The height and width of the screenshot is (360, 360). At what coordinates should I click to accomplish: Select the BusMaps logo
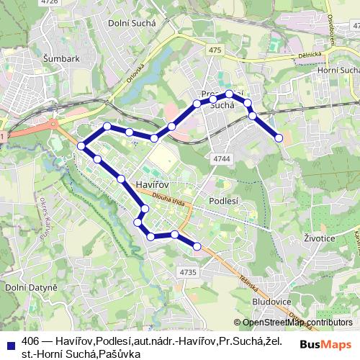tap(326, 344)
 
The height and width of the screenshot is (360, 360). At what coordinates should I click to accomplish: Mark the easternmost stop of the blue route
tap(279, 138)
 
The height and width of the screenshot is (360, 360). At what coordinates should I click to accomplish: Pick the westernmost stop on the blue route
tap(81, 146)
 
